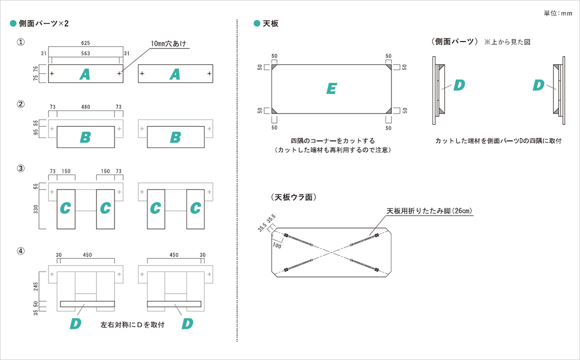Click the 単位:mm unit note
557,13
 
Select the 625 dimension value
85,43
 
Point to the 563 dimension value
85,53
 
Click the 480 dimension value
85,107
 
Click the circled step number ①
20,42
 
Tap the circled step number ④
20,251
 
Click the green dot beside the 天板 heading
257,23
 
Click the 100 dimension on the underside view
276,245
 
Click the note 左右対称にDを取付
132,325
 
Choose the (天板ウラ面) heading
292,197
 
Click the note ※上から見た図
507,42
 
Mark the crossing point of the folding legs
331,252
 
